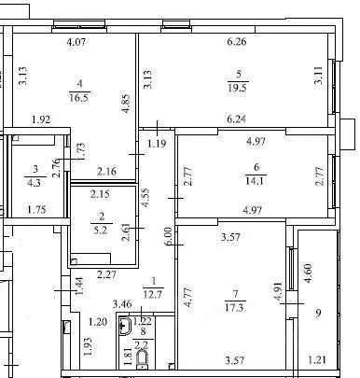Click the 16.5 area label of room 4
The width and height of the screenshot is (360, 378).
tap(77, 95)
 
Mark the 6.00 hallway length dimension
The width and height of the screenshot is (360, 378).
tap(167, 237)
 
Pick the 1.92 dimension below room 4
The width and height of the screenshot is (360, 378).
tap(39, 119)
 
